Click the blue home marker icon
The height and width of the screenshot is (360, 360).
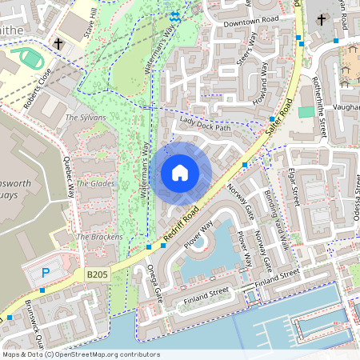180,173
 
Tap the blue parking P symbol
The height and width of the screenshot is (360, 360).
46,273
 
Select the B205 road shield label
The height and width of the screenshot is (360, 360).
97,274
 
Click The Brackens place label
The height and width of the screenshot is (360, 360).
99,237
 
